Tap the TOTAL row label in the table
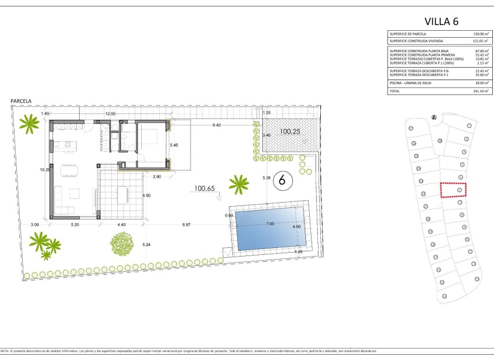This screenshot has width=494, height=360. [396, 91]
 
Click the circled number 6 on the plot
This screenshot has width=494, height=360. [282, 180]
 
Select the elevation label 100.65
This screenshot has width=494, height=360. [205, 189]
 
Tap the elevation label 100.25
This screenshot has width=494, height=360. [291, 132]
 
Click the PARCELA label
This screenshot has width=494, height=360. [21, 101]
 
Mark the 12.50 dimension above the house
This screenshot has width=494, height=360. [110, 114]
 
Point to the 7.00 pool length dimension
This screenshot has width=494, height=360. [270, 224]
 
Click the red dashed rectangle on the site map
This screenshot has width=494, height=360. [454, 190]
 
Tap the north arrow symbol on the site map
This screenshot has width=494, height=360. [434, 117]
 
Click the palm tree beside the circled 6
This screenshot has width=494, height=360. [238, 185]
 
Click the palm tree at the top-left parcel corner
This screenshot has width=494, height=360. [28, 123]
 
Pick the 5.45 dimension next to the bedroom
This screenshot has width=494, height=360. [173, 144]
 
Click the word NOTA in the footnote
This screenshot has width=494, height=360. [6, 351]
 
